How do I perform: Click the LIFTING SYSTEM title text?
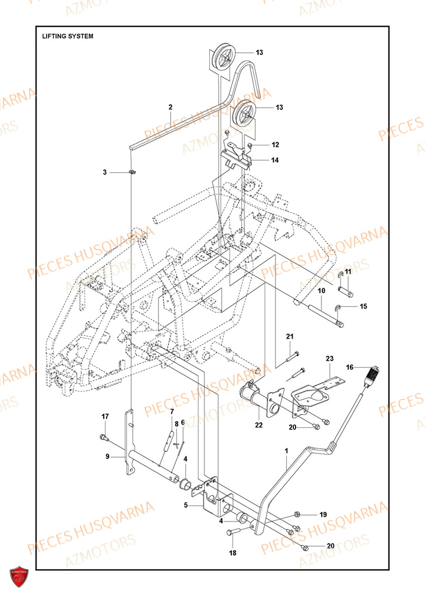point(67,36)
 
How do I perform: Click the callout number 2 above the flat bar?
point(170,107)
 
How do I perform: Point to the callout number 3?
point(104,172)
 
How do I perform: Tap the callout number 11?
point(348,272)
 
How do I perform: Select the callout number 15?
point(364,306)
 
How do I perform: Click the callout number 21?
point(290,337)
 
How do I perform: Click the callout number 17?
point(105,416)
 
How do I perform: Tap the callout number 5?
point(185,505)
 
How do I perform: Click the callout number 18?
point(233,553)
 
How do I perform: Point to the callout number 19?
point(323,514)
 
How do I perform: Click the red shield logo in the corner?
point(20,578)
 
